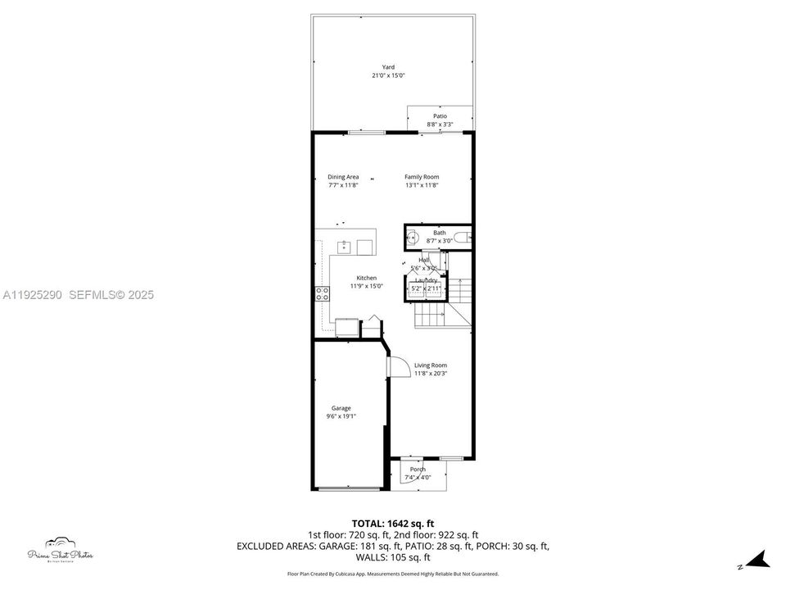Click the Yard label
[388, 67]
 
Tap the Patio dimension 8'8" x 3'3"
[440, 125]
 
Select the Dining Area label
[343, 177]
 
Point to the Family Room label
[422, 177]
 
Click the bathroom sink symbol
[413, 238]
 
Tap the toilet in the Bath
[463, 238]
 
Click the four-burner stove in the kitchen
[323, 293]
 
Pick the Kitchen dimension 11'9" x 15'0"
[366, 287]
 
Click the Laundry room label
[426, 280]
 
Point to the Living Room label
[431, 365]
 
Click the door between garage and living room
[395, 365]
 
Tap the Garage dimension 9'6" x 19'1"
[341, 416]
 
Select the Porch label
[418, 470]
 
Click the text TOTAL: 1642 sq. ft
[392, 523]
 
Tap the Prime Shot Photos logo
[59, 551]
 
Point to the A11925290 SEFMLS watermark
[78, 295]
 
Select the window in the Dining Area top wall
[366, 132]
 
